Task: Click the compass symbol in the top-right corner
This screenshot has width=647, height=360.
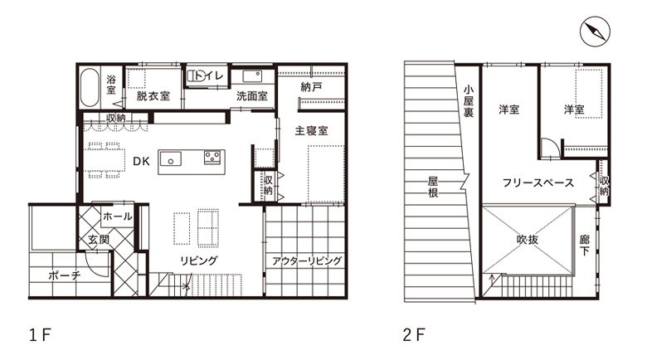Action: [x=595, y=32]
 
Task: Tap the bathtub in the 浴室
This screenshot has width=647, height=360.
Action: [x=90, y=88]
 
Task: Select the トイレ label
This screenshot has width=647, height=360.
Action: [x=209, y=75]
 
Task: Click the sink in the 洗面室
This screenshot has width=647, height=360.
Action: [x=252, y=76]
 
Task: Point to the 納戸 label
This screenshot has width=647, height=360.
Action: [x=311, y=87]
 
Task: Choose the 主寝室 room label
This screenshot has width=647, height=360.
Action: [x=312, y=131]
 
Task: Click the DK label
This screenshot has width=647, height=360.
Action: [x=141, y=161]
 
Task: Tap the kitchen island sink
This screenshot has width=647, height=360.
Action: [x=171, y=159]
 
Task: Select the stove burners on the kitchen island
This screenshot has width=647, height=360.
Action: [x=212, y=157]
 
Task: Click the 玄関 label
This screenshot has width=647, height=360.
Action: [x=99, y=240]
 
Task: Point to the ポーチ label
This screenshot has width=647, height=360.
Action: [x=65, y=275]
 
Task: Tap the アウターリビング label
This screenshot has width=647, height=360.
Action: [x=307, y=261]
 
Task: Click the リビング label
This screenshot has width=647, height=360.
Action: [x=198, y=260]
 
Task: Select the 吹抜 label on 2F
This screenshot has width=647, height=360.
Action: [x=528, y=240]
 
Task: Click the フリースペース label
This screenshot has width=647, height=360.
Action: [x=538, y=182]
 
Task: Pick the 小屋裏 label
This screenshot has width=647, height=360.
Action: [x=469, y=100]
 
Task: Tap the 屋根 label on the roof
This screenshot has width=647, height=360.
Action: [x=433, y=187]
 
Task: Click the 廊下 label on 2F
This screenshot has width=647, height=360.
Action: [x=585, y=246]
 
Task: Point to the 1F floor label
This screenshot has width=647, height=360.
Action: [x=40, y=335]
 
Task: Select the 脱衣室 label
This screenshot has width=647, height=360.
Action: [x=153, y=95]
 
